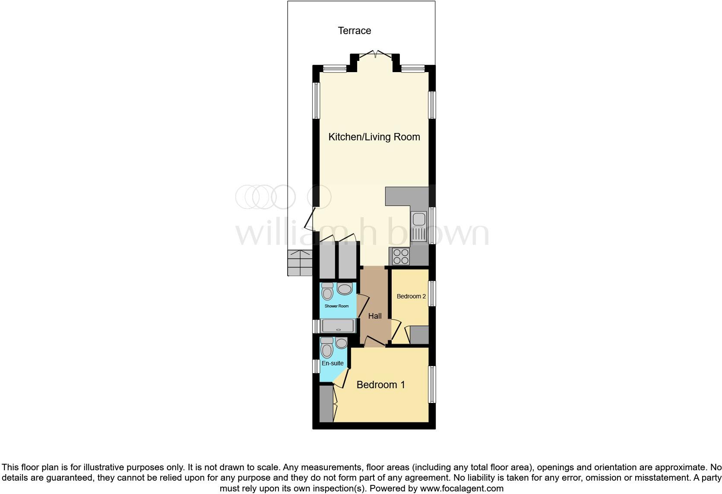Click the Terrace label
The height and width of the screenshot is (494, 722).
(x=354, y=31)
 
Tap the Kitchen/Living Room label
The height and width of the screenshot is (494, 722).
(x=374, y=137)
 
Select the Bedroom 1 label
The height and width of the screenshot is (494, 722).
(x=380, y=385)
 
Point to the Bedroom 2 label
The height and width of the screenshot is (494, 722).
(x=411, y=296)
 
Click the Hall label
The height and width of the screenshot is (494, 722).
(x=375, y=316)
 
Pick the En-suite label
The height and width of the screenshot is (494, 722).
(x=332, y=363)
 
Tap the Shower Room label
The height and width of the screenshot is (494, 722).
(x=336, y=306)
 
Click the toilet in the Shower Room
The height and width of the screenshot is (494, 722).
(x=327, y=291)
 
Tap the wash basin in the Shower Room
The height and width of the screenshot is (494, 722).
(x=345, y=289)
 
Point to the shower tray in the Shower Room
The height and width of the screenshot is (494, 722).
(x=338, y=326)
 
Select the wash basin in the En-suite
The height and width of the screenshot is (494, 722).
(x=341, y=343)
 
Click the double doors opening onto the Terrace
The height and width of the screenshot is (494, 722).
(x=375, y=55)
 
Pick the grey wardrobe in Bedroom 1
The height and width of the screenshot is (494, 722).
(x=326, y=404)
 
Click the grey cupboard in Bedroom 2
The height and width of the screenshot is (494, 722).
(x=419, y=335)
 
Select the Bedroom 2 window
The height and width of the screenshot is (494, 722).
(x=432, y=294)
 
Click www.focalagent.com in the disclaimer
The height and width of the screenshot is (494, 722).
(x=461, y=489)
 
